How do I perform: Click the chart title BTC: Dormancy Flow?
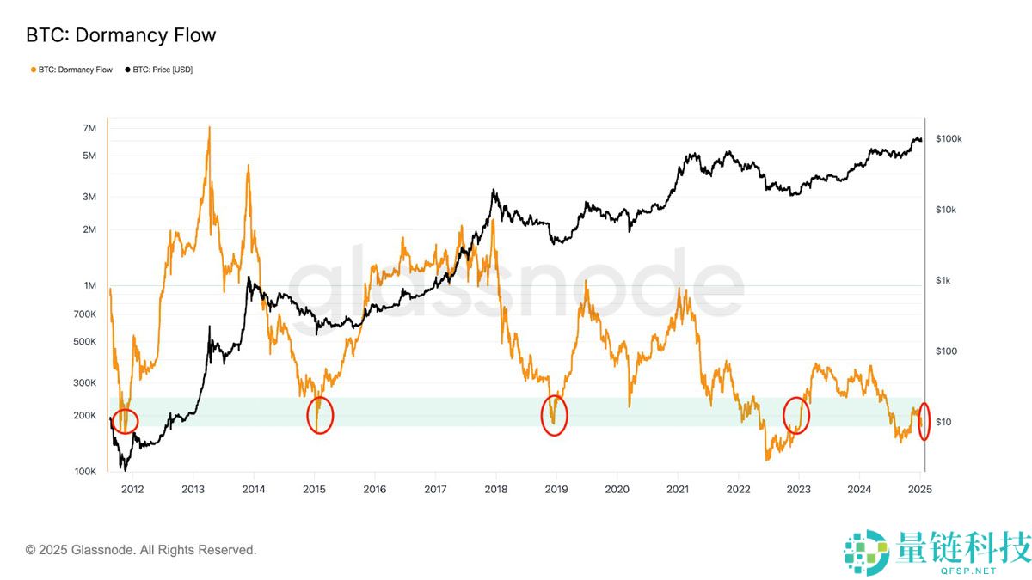click(x=121, y=35)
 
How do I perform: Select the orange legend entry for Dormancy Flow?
click(x=71, y=70)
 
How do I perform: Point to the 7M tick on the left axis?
click(x=89, y=128)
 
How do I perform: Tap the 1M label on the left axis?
click(x=89, y=285)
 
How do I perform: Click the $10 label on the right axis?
click(x=943, y=422)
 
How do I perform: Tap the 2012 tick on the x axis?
click(x=132, y=490)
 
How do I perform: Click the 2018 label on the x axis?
click(x=495, y=490)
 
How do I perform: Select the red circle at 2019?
click(x=555, y=416)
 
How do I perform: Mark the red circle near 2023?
click(x=796, y=416)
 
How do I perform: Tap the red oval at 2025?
click(x=924, y=421)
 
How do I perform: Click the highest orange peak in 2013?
click(x=209, y=128)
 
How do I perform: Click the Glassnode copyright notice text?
click(x=141, y=550)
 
